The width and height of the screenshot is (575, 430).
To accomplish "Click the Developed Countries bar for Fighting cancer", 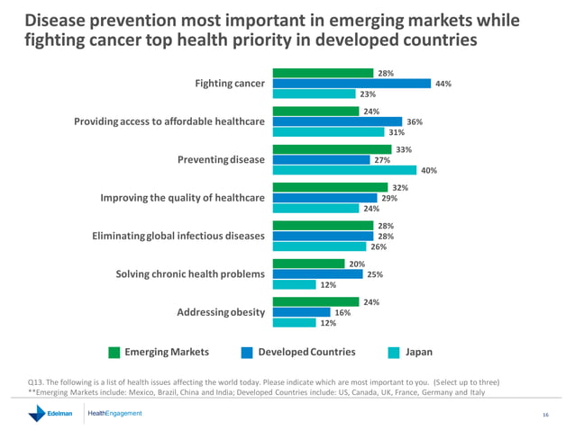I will [351, 84].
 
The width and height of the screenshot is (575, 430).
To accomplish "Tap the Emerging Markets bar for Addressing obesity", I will [320, 302].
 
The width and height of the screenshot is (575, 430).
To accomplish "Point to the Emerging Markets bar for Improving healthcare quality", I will [330, 188].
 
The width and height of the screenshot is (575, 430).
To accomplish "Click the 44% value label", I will [443, 84].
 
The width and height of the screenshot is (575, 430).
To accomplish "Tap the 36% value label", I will [414, 121].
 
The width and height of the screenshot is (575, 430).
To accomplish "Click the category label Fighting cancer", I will [230, 84].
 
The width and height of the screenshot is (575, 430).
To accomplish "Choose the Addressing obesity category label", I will [220, 312].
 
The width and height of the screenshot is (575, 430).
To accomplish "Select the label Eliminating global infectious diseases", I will [178, 236].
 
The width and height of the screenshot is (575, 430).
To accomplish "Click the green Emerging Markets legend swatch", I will [114, 353].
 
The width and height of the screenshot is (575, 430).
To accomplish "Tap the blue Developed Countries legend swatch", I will [248, 353].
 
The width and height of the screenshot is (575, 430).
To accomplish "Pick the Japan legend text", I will [419, 353].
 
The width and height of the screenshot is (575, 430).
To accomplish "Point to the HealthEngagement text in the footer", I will [114, 414].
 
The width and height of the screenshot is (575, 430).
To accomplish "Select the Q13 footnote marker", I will [37, 382].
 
